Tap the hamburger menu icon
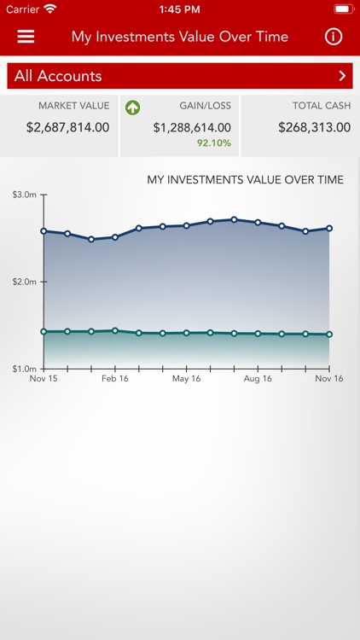[26, 37]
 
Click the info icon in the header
[334, 37]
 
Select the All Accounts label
[58, 76]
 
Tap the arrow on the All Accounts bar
[342, 76]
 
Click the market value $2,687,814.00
[67, 128]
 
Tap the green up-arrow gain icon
[132, 108]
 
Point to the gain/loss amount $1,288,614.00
[192, 128]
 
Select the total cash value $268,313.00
[314, 128]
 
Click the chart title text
[246, 180]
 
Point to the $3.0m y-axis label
[25, 195]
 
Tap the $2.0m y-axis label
[25, 282]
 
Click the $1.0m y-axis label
[25, 369]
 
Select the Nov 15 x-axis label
[44, 379]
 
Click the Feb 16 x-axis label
[115, 379]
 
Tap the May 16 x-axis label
[186, 379]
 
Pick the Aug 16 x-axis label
[258, 379]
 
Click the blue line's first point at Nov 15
[44, 230]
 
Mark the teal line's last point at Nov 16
[329, 335]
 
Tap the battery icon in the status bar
[343, 9]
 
